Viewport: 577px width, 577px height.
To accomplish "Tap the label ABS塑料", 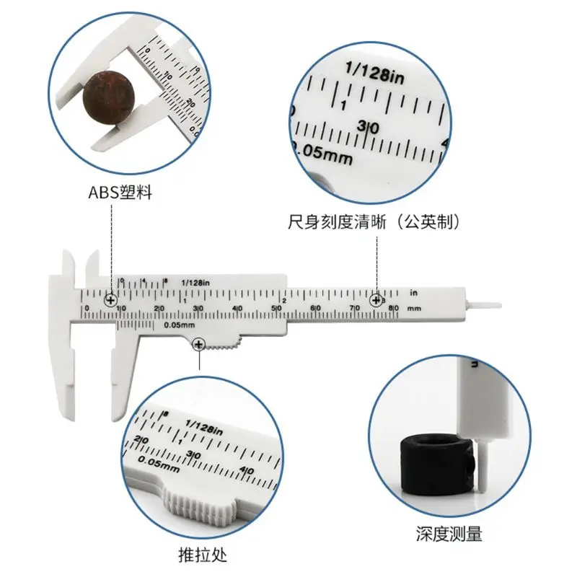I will pyautogui.click(x=120, y=194).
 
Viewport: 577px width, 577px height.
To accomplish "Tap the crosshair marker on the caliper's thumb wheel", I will pyautogui.click(x=199, y=346).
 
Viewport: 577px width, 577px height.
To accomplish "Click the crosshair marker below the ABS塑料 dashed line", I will pyautogui.click(x=111, y=299).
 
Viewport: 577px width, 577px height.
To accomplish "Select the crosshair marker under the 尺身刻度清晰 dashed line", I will pyautogui.click(x=376, y=299).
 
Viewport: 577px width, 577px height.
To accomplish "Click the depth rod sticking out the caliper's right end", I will pyautogui.click(x=485, y=303).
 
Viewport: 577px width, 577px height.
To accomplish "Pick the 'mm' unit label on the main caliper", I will pyautogui.click(x=413, y=308).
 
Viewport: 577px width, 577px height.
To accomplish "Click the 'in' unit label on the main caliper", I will pyautogui.click(x=414, y=292).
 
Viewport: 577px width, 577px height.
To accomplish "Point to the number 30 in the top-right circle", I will pyautogui.click(x=368, y=127).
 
